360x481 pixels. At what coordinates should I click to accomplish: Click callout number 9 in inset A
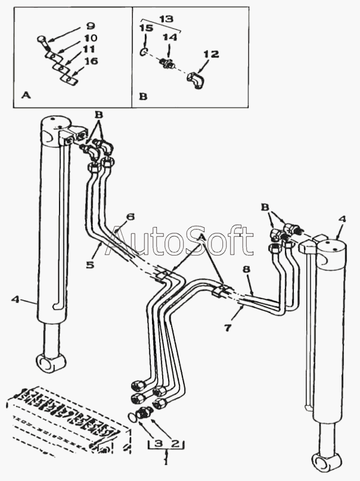tap(91, 26)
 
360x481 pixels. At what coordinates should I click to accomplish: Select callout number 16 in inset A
tap(91, 61)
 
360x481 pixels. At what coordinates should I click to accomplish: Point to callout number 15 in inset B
tap(145, 28)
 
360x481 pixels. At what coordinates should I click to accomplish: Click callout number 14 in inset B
tap(170, 37)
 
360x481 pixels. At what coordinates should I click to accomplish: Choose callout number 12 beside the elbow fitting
tap(210, 54)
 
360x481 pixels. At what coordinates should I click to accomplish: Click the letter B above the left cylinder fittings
tap(99, 113)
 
